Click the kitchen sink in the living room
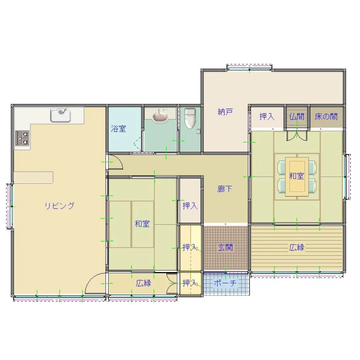click(x=61, y=115)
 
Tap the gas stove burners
click(x=22, y=138)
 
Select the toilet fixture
click(x=190, y=119)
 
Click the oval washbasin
click(x=160, y=116)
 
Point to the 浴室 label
click(x=118, y=129)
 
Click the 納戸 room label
click(x=225, y=112)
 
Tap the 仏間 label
click(x=297, y=117)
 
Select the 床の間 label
click(x=326, y=117)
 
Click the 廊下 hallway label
click(x=225, y=189)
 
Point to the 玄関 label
click(x=225, y=247)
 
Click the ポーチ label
click(x=225, y=283)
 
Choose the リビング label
click(x=59, y=205)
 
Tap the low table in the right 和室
click(x=297, y=177)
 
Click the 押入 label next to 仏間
click(x=267, y=117)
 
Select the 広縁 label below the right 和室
click(x=297, y=247)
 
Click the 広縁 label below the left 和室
click(x=143, y=283)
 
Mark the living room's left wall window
click(x=10, y=206)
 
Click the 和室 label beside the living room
click(x=142, y=224)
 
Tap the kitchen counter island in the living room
click(x=34, y=177)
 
